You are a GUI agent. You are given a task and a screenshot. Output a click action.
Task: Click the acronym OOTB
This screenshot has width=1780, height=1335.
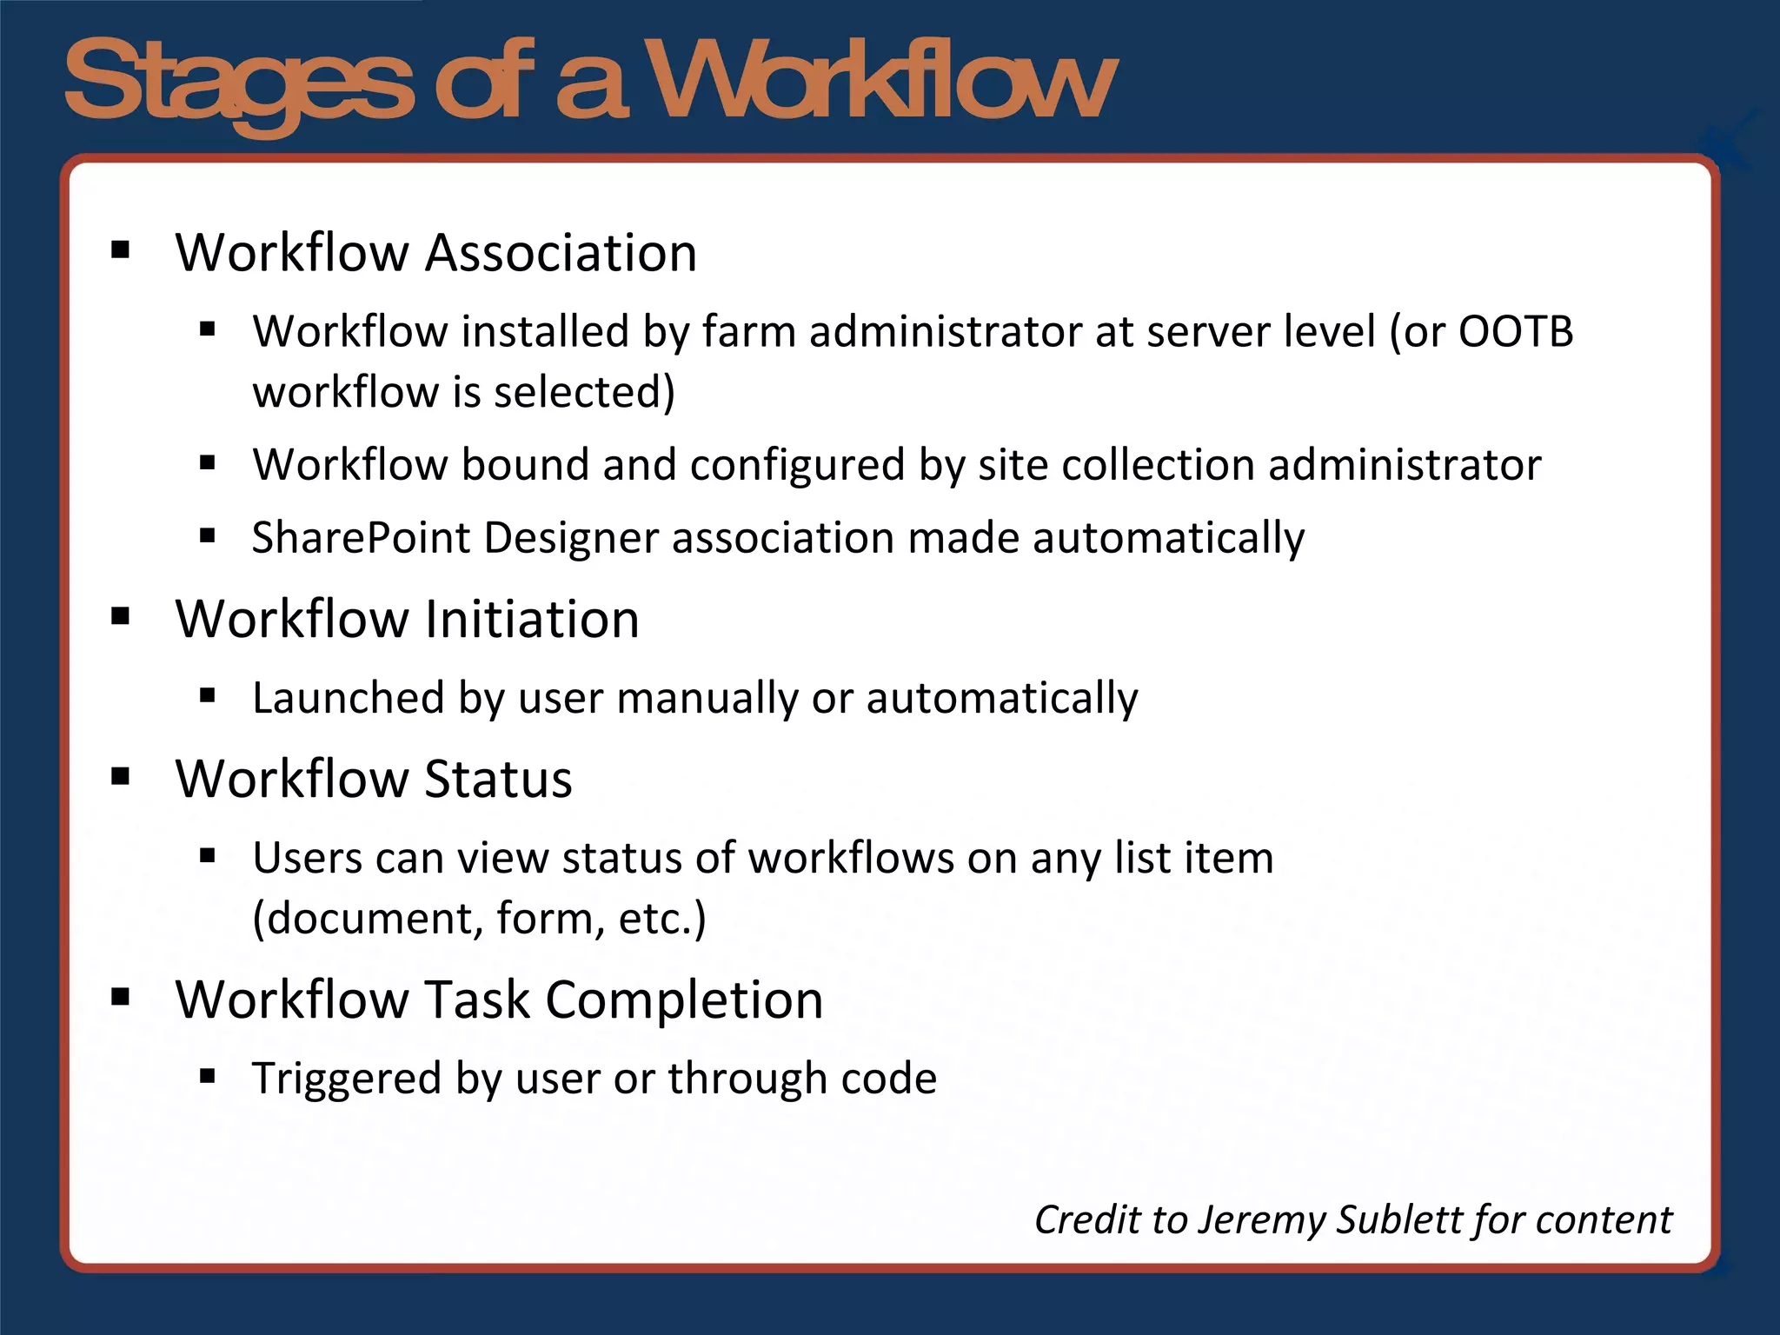click(1515, 332)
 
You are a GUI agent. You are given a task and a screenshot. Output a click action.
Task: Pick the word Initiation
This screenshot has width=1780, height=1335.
click(532, 620)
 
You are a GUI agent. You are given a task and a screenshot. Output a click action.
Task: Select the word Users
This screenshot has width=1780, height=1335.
click(308, 858)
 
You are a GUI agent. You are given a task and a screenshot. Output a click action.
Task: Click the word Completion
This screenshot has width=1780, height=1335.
click(684, 1000)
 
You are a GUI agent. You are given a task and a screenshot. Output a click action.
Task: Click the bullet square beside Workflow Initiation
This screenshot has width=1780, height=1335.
click(121, 617)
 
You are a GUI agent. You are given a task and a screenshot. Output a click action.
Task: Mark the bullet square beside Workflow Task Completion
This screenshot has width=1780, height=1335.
click(121, 997)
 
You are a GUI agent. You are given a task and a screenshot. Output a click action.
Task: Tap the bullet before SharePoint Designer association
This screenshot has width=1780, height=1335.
click(207, 536)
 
